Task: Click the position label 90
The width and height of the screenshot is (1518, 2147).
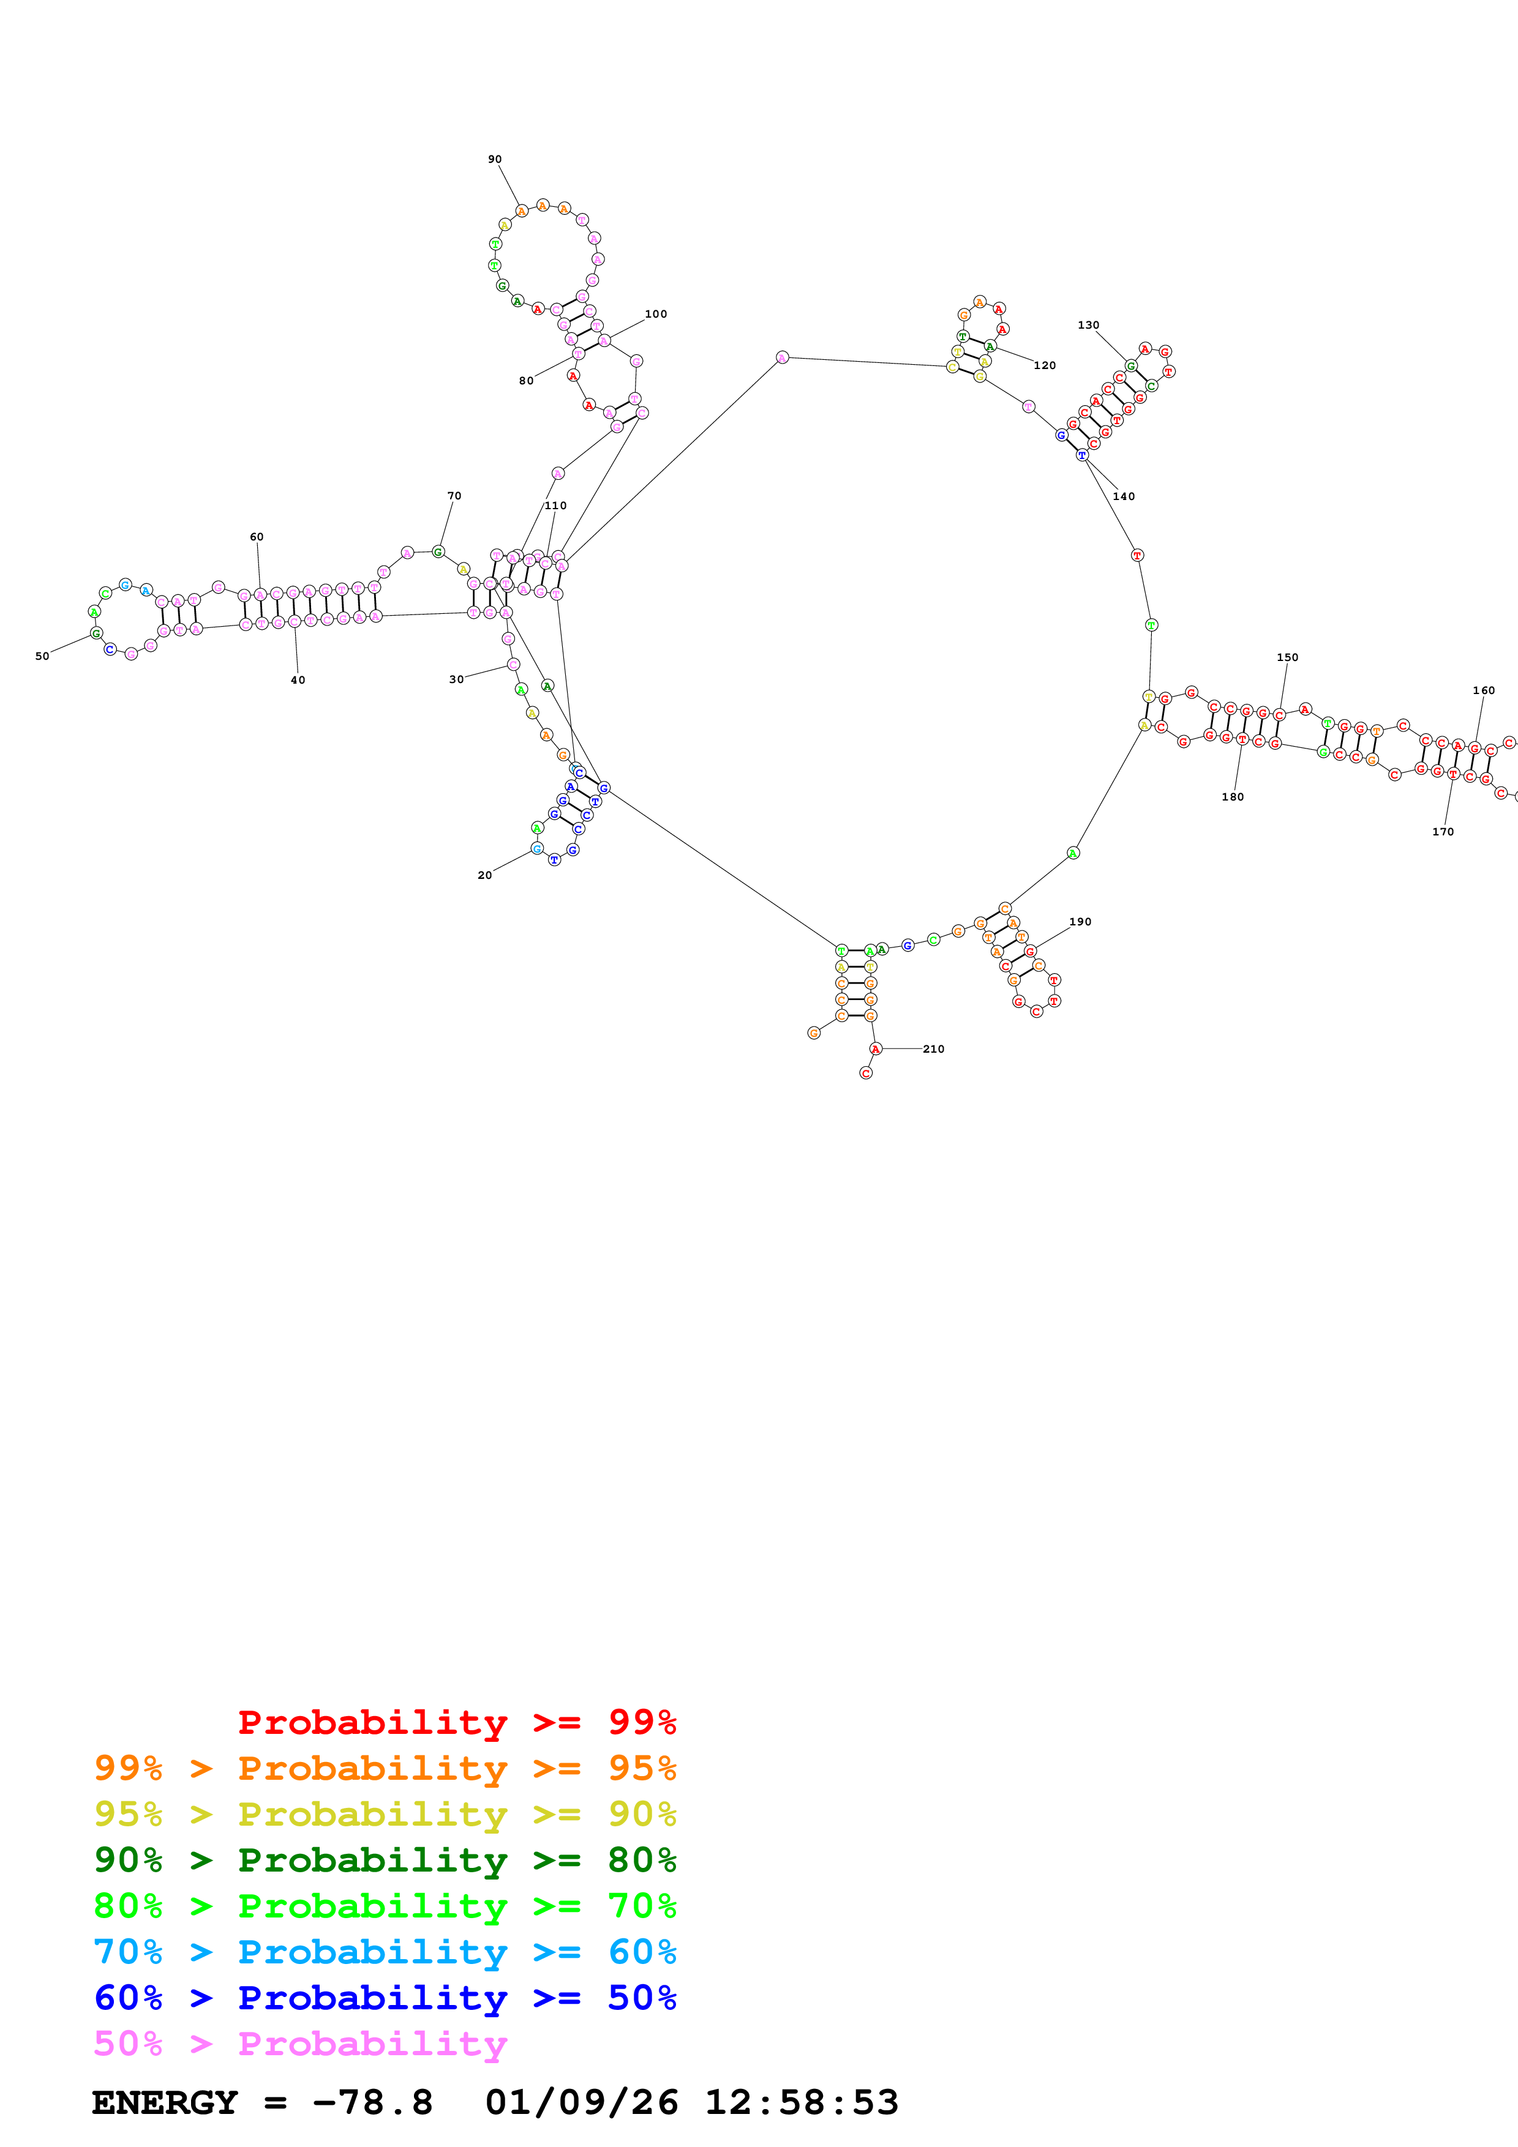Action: (x=495, y=160)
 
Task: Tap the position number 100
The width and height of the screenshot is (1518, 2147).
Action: (x=656, y=314)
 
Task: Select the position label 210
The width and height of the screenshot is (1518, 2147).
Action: (x=933, y=1049)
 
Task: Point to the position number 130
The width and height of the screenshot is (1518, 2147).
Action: (x=1088, y=326)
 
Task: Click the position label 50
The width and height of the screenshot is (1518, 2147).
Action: (x=42, y=657)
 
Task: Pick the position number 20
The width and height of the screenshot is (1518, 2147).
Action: (x=484, y=875)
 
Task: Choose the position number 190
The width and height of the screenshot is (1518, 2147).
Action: (x=1080, y=922)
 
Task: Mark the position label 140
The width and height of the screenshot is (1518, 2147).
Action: (x=1123, y=496)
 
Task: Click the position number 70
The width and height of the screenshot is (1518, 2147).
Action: (x=454, y=496)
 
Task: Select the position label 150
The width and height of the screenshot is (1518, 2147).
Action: (x=1287, y=657)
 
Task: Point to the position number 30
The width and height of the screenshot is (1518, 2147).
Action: (x=456, y=680)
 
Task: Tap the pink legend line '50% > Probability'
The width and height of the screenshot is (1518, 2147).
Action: (x=300, y=2043)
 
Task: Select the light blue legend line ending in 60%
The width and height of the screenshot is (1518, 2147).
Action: (x=385, y=1952)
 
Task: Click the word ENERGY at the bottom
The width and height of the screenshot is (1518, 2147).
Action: (x=165, y=2103)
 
